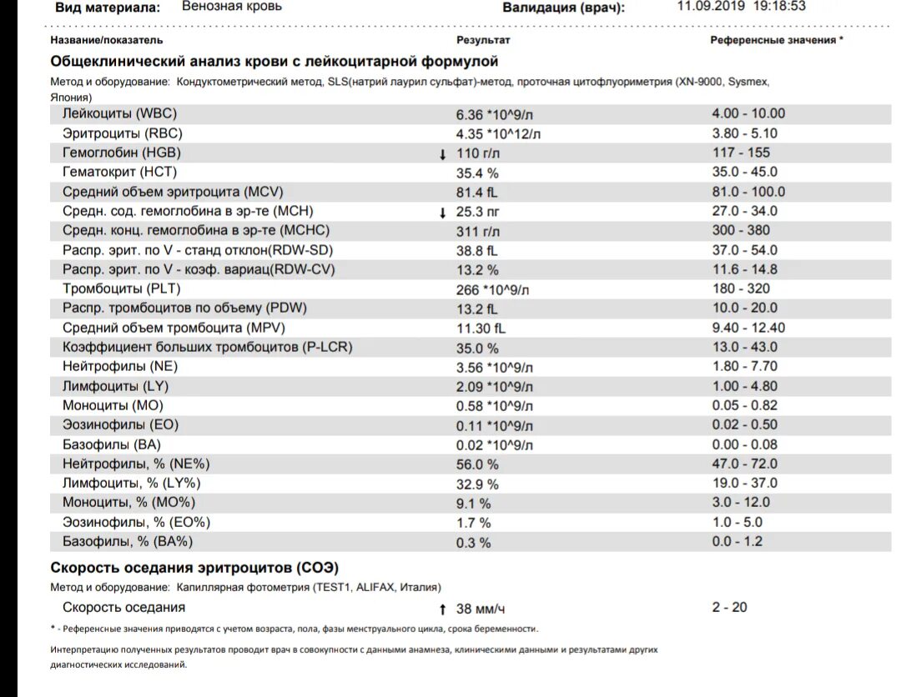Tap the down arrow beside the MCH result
(443, 212)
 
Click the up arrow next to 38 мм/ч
(443, 609)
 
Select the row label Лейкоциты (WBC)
(119, 114)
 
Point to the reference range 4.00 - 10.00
(748, 114)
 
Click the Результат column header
(483, 40)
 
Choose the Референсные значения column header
(776, 40)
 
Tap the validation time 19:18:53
(779, 6)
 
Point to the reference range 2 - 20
(729, 608)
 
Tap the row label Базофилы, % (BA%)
(128, 542)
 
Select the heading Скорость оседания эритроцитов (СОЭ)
(194, 568)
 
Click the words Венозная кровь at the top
(232, 7)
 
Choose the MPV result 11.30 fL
(481, 328)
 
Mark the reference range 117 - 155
(741, 153)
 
